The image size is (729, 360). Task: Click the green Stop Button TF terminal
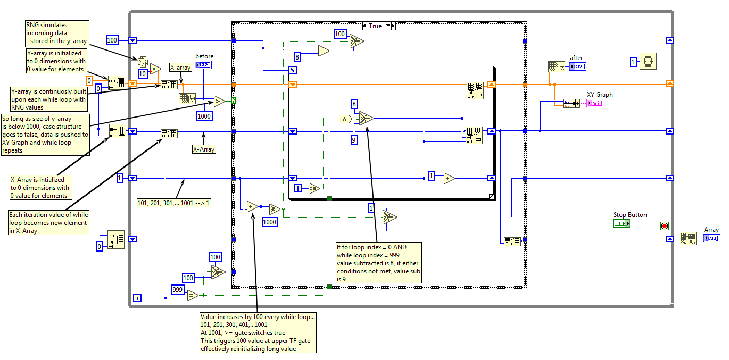[621, 224]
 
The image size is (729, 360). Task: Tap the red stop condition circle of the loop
[665, 225]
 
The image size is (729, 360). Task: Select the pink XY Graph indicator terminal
[594, 103]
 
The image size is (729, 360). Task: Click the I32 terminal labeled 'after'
[577, 66]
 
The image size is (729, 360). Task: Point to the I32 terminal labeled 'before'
[203, 65]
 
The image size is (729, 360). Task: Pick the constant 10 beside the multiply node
[143, 73]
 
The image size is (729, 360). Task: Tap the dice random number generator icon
[143, 62]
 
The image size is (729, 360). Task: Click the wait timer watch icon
[648, 62]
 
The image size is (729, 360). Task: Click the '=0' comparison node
[313, 188]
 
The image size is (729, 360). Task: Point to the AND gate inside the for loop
[345, 119]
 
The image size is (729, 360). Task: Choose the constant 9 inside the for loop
[354, 140]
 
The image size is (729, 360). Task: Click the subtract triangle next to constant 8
[324, 51]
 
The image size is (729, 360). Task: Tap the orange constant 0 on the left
[89, 80]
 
